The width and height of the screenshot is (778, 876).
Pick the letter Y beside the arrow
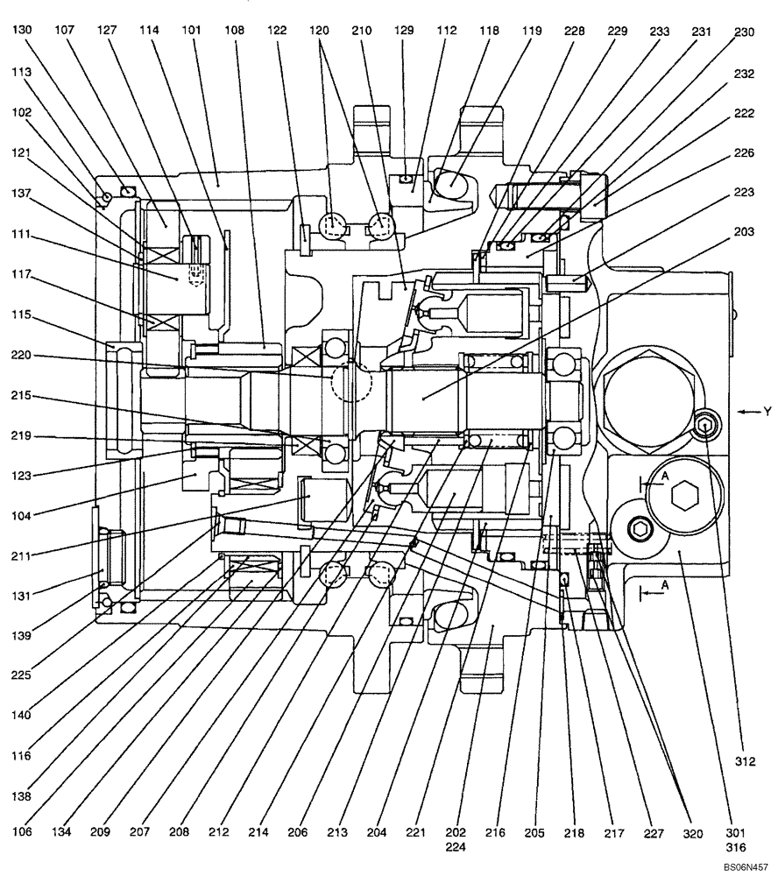[x=767, y=410]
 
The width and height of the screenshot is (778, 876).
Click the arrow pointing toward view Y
[x=747, y=411]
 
